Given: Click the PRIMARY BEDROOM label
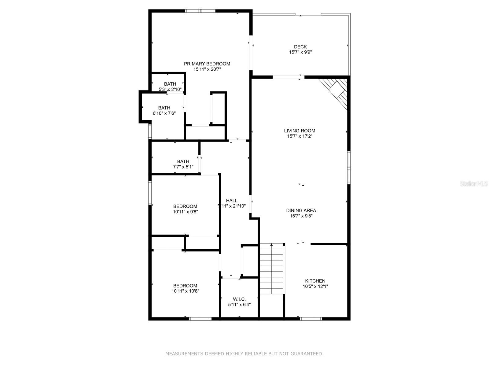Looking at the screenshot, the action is point(207,64).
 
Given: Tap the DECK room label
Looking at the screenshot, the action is point(300,47).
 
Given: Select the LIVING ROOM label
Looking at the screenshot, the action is point(300,131).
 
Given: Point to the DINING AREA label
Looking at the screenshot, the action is point(301,210).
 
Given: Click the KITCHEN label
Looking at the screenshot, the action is point(315,281).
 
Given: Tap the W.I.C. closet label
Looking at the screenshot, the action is point(239,299).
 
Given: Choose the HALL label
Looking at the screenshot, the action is point(232,201).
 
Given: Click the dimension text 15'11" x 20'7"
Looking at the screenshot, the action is point(207,69).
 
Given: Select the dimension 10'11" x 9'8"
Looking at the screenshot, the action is point(185,212).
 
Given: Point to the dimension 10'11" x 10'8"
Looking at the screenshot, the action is point(185,291).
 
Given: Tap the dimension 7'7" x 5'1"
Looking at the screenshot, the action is point(183,167).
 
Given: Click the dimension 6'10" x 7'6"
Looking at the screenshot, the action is point(164,113).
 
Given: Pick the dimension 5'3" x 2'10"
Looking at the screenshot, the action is point(170,89).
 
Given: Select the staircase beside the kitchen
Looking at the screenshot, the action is point(272,269).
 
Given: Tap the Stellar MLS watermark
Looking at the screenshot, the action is point(474,183).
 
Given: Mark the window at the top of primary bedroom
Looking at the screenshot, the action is point(200,11).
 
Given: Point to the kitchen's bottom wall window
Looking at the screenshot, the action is point(311,319).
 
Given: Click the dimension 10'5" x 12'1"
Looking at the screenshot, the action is point(315,286).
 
